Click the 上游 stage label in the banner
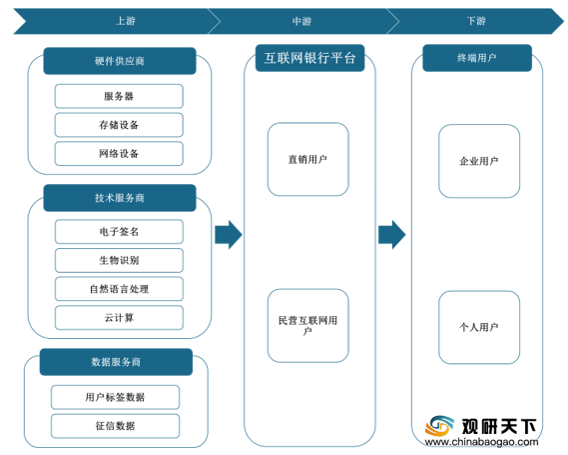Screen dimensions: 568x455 pos(126,21)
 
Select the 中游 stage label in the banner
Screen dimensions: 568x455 pos(301,21)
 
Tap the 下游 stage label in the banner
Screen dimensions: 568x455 pos(476,21)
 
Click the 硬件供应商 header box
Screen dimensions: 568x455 pos(120,61)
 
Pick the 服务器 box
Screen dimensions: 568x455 pos(119,96)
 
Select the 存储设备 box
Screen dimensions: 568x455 pos(119,125)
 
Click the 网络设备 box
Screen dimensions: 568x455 pos(119,153)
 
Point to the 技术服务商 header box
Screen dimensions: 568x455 pos(120,198)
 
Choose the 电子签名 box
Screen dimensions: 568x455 pos(119,231)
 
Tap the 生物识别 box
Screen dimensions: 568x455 pos(119,260)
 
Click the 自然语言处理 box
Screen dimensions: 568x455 pos(119,289)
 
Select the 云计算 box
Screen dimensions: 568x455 pos(119,317)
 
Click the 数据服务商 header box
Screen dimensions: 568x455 pos(116,362)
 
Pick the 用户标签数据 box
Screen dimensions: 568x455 pos(115,397)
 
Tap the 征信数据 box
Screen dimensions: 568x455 pos(115,426)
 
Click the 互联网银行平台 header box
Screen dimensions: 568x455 pos(309,58)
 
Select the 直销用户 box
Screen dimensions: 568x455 pos(307,159)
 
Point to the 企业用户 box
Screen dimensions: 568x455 pos(479,161)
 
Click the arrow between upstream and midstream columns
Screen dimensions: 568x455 pos(229,234)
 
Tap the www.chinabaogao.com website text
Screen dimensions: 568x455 pos(481,442)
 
